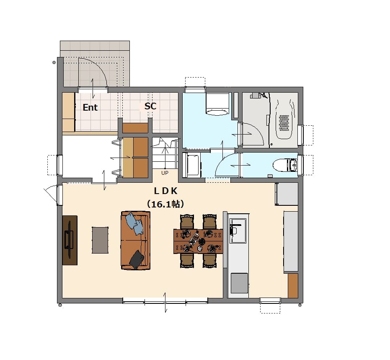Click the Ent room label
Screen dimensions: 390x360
[90, 107]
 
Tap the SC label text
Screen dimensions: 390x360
[150, 106]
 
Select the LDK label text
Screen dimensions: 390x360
[165, 191]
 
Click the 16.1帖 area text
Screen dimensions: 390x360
[165, 204]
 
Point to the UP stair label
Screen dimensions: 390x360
[165, 173]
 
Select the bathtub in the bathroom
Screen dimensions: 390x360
[284, 119]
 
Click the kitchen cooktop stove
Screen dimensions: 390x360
[239, 283]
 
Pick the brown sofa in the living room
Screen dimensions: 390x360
[136, 240]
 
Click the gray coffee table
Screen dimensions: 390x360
[100, 240]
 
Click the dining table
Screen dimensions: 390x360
[198, 241]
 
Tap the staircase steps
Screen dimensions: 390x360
[165, 153]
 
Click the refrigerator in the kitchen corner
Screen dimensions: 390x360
[287, 194]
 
